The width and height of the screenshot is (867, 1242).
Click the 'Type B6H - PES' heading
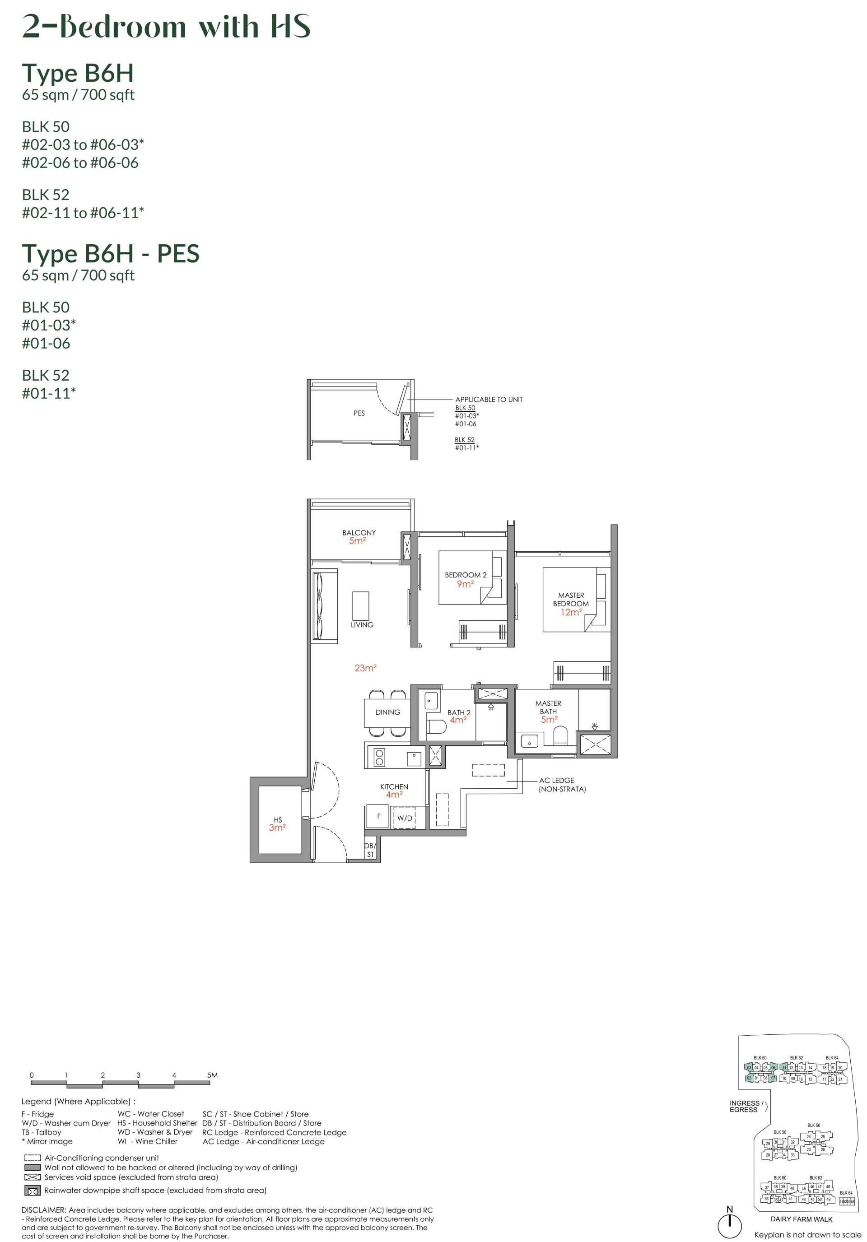(x=110, y=254)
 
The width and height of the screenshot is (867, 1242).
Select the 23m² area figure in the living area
(x=365, y=668)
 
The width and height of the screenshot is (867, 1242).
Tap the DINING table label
(x=387, y=712)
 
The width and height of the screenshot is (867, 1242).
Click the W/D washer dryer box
(x=404, y=818)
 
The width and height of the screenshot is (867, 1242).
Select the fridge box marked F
(x=378, y=816)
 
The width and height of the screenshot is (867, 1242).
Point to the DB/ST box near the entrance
(x=370, y=850)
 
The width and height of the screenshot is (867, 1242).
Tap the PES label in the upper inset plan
(x=359, y=413)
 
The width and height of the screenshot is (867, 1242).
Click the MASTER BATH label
(x=548, y=707)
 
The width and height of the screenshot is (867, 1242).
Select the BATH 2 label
(x=459, y=712)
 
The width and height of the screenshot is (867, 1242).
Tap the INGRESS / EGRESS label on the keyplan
(x=746, y=1106)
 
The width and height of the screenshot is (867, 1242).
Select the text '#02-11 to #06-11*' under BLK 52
(x=83, y=213)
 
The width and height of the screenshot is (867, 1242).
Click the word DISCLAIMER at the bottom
(x=43, y=1210)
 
